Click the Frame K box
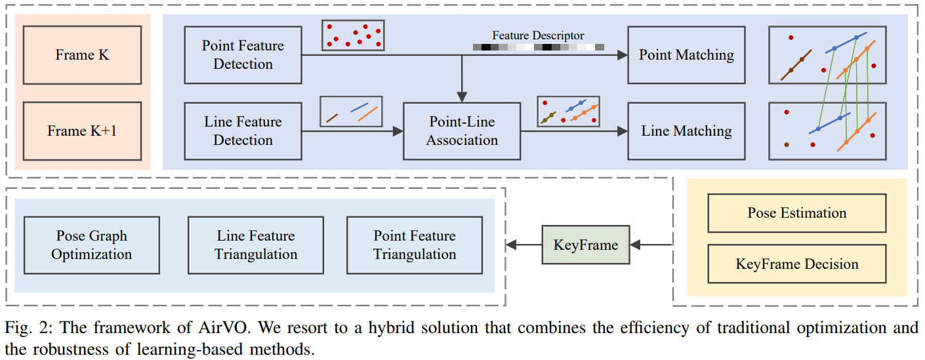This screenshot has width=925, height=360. coord(82,55)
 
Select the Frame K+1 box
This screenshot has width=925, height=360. coord(82,131)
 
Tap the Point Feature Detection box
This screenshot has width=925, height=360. coord(243,55)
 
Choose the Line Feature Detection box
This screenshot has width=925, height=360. coord(243,131)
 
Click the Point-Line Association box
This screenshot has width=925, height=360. coord(462,131)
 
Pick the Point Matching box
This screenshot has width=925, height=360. coord(686,55)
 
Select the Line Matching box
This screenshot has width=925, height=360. coord(686,131)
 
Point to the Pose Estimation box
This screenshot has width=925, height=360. coord(796,213)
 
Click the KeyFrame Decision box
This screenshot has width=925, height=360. coord(796,264)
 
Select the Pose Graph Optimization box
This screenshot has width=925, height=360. coord(91,245)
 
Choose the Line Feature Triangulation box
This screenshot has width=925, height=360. coord(256,245)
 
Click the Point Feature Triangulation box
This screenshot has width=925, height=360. coord(415,245)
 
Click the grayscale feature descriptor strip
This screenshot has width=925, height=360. coord(538,47)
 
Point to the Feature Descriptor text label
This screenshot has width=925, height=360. coord(538,35)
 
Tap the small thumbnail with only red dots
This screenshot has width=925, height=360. coord(353,35)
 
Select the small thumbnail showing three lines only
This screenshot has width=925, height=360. coord(351,111)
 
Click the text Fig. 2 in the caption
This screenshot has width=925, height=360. coord(24,326)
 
